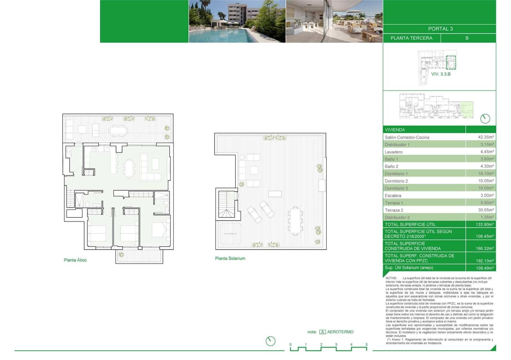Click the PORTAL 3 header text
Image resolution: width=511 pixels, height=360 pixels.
[x=440, y=29]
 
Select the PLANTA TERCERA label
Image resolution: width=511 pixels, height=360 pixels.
[x=411, y=38]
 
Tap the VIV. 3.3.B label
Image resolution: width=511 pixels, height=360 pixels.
[x=441, y=74]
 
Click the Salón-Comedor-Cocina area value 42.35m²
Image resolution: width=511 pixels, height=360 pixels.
[x=485, y=137]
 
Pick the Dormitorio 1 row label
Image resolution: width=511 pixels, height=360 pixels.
[x=396, y=174]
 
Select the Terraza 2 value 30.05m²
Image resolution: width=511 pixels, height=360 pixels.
[x=485, y=210]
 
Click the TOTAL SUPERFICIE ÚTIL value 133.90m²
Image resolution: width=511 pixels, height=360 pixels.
[x=484, y=225]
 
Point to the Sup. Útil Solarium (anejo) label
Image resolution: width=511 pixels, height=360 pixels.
[x=409, y=268]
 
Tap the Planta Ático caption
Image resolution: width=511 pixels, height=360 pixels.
[x=75, y=260]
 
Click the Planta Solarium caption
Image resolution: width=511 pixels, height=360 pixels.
[x=230, y=258]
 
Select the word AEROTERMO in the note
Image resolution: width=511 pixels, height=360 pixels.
[x=340, y=332]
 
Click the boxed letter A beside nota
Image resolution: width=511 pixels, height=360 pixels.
[x=323, y=332]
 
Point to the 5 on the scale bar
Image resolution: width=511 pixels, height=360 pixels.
[x=366, y=345]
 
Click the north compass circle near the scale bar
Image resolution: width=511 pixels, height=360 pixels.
[x=271, y=341]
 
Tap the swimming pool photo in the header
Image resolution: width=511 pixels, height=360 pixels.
[x=237, y=21]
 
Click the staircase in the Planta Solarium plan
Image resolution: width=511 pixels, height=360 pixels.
[x=226, y=205]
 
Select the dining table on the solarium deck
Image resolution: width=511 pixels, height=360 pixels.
[x=295, y=220]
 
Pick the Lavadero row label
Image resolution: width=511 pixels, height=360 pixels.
[x=393, y=152]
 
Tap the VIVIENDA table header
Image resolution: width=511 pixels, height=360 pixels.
[x=395, y=130]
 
